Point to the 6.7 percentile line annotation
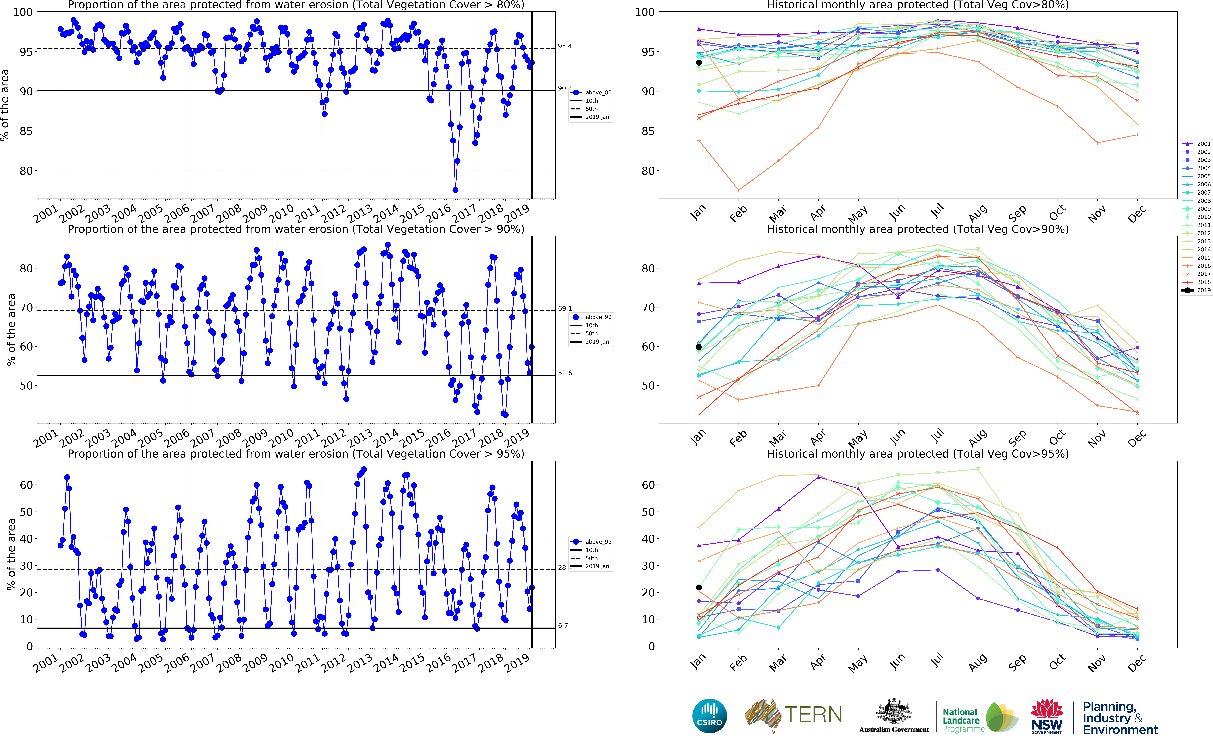coord(563,626)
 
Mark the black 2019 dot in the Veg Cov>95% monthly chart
coord(698,588)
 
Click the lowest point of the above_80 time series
coord(455,190)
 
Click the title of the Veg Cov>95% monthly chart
coord(917,454)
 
